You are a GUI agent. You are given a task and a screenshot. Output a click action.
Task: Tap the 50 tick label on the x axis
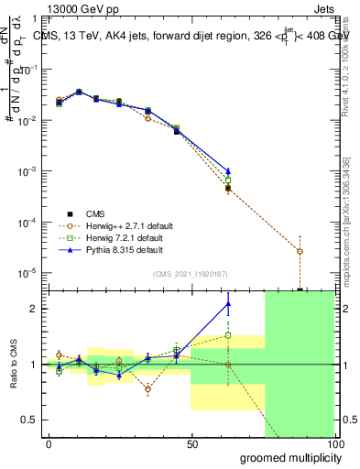191,444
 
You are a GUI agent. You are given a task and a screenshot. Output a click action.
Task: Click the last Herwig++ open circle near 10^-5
300,251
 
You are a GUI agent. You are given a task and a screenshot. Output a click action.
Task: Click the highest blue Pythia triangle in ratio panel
228,304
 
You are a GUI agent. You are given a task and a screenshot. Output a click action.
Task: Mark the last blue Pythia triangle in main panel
228,171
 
